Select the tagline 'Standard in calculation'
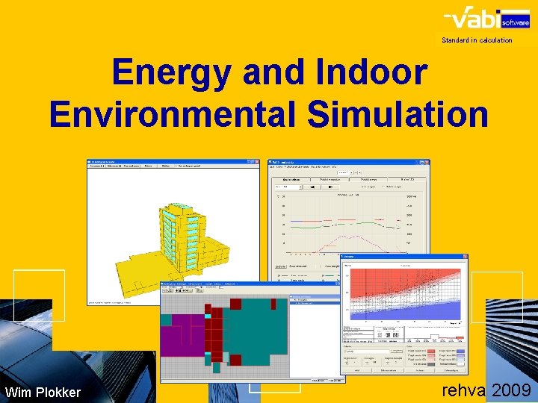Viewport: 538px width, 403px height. click(477, 40)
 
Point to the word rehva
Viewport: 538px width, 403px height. click(464, 390)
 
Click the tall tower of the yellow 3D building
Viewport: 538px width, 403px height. click(181, 224)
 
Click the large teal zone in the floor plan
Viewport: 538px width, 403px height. click(254, 336)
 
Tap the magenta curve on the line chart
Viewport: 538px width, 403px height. click(351, 240)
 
